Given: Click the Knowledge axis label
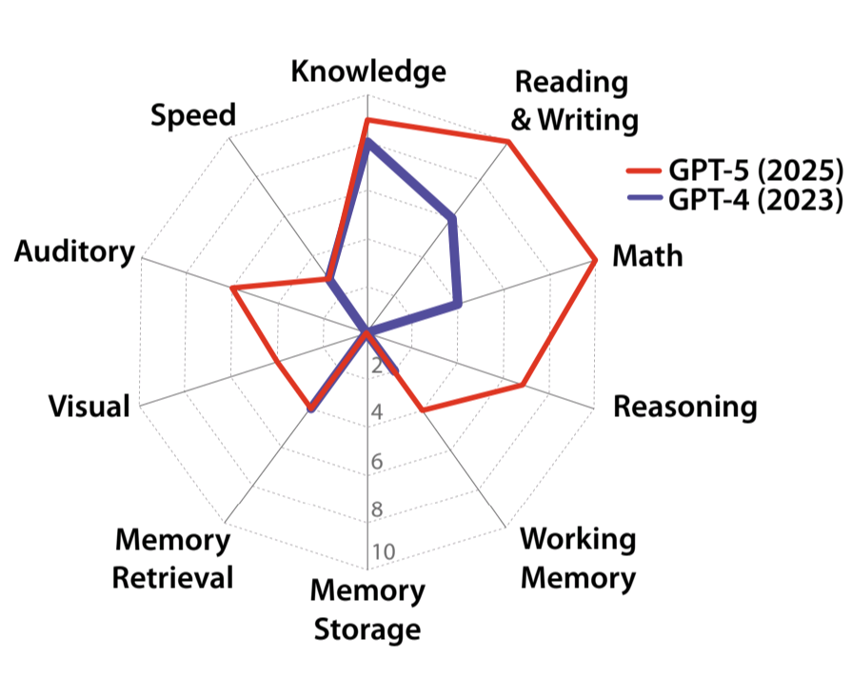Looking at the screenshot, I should [x=367, y=72].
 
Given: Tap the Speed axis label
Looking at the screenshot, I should [x=193, y=115].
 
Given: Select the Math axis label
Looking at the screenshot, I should [x=647, y=256].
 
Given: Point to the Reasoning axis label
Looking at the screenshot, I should [x=684, y=408].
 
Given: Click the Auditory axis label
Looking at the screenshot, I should [x=74, y=252].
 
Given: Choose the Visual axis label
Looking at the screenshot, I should [x=89, y=407].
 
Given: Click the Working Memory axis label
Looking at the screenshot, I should [x=578, y=558].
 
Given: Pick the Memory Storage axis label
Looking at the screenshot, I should [x=367, y=609].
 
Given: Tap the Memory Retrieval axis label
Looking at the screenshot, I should [x=172, y=559].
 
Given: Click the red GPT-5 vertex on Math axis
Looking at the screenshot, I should [x=594, y=260].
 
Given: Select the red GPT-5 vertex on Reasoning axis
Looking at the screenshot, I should [x=524, y=385].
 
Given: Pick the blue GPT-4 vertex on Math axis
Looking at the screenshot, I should [x=459, y=305].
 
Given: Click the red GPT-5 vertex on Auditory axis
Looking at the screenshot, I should [x=231, y=289].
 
